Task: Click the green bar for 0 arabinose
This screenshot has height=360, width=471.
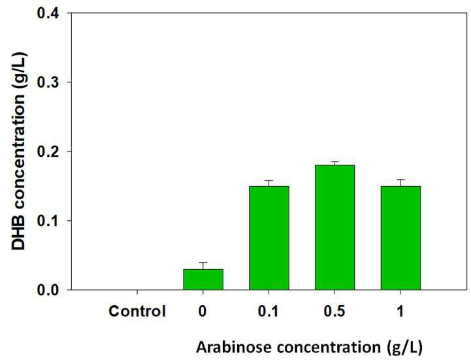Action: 203,280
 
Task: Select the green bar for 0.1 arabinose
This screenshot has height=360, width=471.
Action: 269,238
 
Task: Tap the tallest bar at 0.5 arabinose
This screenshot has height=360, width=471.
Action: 334,227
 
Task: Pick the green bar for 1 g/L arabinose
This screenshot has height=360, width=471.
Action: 400,238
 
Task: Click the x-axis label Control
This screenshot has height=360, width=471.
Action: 137,311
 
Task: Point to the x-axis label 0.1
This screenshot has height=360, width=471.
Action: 268,311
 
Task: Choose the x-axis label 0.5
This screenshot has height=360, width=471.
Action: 334,311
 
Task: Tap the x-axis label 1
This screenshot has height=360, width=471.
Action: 400,311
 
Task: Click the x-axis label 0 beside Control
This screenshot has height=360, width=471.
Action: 203,311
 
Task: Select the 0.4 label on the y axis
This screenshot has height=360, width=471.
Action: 48,13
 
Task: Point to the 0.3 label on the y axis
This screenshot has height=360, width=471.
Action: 48,82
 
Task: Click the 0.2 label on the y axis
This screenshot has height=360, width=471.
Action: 48,151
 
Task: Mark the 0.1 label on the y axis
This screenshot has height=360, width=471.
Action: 48,221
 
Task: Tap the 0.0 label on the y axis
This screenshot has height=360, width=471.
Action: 48,290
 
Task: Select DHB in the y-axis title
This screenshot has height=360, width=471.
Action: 18,235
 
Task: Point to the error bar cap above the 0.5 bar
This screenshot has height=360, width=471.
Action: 334,161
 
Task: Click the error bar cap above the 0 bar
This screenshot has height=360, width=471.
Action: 203,263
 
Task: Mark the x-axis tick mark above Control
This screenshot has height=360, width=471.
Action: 137,292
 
